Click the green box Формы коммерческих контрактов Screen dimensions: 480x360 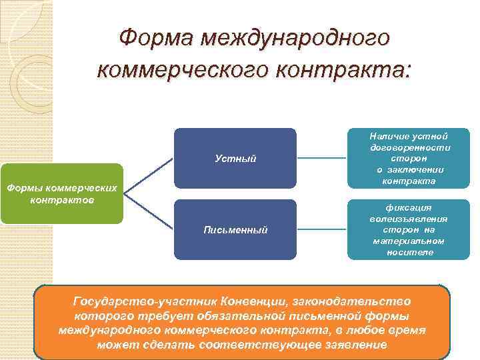62,194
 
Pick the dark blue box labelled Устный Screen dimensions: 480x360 235,159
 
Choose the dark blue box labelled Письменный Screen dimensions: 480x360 235,230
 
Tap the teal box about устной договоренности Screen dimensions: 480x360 409,159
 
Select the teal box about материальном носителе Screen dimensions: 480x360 409,230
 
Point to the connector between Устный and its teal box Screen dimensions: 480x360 322,159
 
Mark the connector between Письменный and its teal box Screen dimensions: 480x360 322,230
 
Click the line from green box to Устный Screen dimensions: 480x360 149,177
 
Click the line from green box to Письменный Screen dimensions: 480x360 149,211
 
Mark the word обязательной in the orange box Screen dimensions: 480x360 226,316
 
